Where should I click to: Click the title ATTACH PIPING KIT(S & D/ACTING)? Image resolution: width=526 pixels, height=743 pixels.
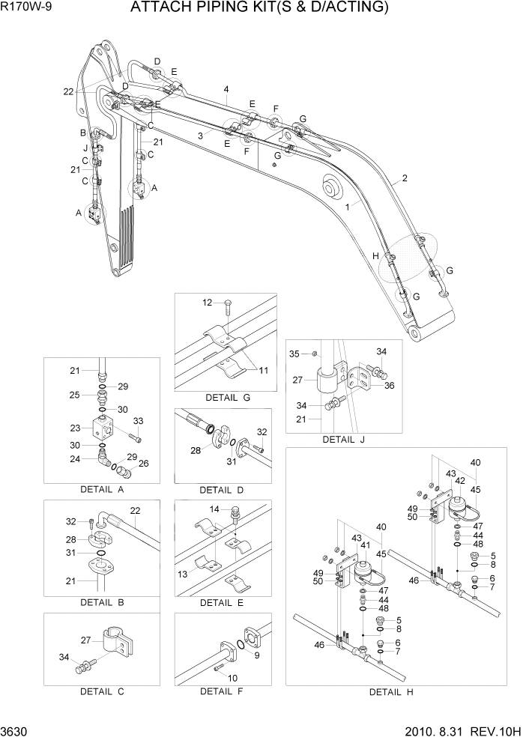[x=259, y=8]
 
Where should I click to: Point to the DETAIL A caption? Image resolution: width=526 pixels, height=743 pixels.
[x=101, y=490]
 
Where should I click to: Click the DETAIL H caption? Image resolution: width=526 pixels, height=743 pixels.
[x=390, y=692]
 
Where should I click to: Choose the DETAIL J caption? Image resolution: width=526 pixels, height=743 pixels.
[x=343, y=440]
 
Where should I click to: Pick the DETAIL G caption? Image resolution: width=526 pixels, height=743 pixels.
[x=226, y=397]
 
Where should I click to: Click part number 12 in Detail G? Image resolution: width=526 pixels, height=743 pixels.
[x=208, y=303]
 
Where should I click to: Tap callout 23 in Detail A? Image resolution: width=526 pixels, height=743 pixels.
[x=75, y=428]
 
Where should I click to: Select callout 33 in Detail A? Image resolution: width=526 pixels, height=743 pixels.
[x=138, y=421]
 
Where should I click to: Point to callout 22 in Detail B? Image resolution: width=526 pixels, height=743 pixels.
[x=136, y=511]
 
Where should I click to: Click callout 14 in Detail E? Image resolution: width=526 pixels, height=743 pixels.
[x=214, y=509]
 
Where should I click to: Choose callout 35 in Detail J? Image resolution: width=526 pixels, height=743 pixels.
[x=294, y=353]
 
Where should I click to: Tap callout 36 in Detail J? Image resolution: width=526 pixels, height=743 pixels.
[x=389, y=386]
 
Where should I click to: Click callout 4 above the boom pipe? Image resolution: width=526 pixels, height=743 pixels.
[x=226, y=90]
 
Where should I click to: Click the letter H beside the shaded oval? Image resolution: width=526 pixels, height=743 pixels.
[x=375, y=256]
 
